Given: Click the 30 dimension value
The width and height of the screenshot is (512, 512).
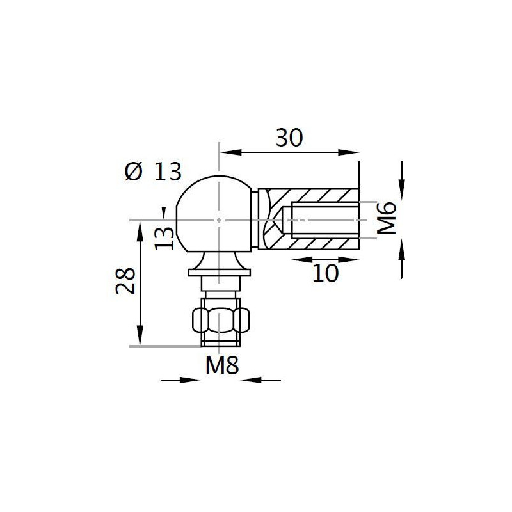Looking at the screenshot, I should click(x=289, y=138).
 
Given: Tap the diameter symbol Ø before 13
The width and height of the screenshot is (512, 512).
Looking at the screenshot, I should click(x=133, y=172).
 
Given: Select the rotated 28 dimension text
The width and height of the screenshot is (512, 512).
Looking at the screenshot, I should click(x=125, y=280).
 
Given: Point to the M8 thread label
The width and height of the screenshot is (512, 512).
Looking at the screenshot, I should click(x=221, y=366).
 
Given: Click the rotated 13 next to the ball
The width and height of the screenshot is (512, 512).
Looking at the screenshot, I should click(x=164, y=238).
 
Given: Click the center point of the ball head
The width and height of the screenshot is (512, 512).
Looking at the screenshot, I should click(x=219, y=220).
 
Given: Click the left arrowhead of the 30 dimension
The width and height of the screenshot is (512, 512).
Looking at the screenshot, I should click(x=228, y=152).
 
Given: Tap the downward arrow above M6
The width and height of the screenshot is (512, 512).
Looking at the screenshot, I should click(x=402, y=189).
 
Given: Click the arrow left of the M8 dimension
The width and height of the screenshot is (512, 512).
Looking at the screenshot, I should click(x=193, y=380).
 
